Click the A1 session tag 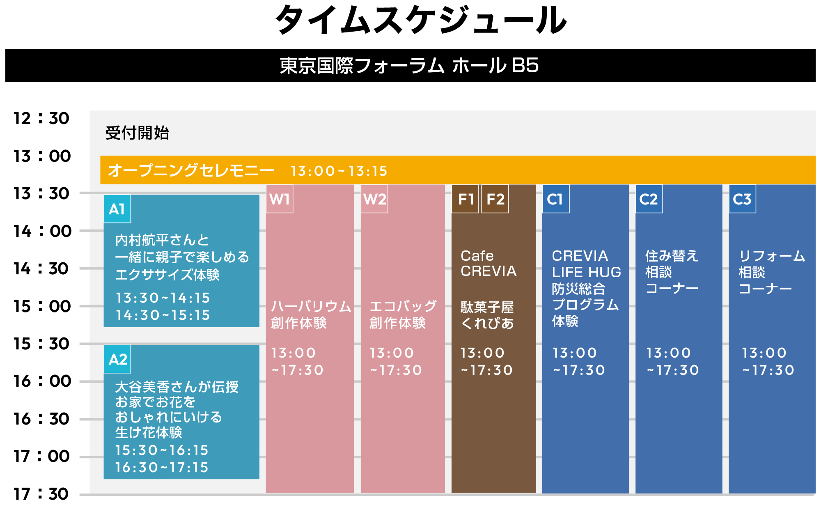click(x=117, y=209)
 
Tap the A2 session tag click(x=117, y=359)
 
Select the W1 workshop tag click(x=280, y=199)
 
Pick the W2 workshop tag click(x=374, y=199)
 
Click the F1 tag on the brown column click(x=465, y=199)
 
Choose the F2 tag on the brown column click(x=495, y=199)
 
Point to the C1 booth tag click(x=556, y=199)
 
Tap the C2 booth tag click(x=649, y=199)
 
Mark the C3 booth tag click(x=742, y=199)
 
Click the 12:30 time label click(x=41, y=118)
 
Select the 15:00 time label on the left click(x=42, y=306)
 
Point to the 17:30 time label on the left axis click(x=41, y=494)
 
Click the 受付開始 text click(x=137, y=133)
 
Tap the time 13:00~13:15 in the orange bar click(x=339, y=171)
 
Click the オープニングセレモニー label click(x=191, y=170)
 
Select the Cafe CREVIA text click(x=488, y=263)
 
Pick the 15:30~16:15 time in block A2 click(x=162, y=450)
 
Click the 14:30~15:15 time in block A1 click(x=163, y=315)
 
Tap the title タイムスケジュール click(x=421, y=20)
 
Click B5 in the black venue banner click(x=525, y=65)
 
